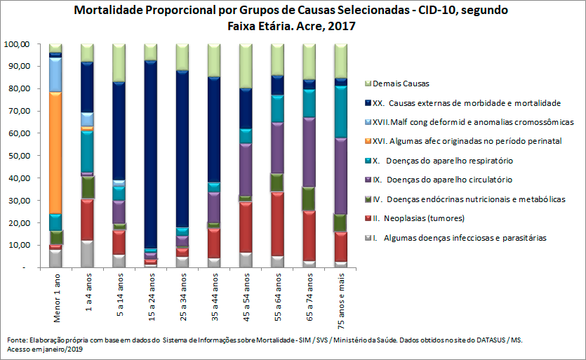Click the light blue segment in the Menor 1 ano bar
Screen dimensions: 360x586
[x=55, y=74]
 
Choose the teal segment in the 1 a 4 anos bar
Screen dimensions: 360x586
[x=87, y=150]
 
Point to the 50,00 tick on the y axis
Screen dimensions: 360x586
[x=15, y=156]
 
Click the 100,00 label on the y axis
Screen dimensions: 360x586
[x=15, y=44]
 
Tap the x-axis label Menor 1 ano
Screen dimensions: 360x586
[x=55, y=300]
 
